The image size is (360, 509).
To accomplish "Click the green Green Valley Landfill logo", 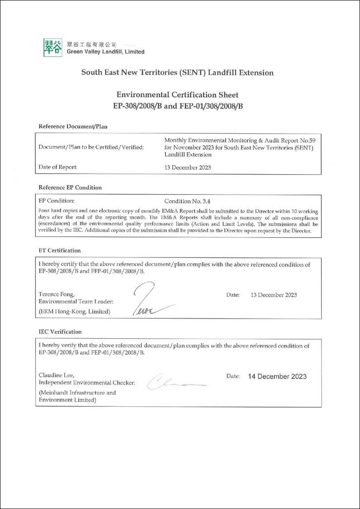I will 52,48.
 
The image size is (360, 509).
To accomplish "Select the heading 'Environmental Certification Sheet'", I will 177,95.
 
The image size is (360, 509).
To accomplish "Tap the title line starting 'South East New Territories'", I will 177,72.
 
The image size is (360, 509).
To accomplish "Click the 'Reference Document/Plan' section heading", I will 73,126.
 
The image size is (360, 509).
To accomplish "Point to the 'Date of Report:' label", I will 58,167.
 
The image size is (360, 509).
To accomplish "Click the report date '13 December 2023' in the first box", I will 187,167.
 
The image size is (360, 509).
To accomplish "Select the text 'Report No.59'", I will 299,140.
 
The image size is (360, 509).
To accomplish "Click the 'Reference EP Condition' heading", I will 70,187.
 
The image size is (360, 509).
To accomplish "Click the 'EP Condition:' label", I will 57,200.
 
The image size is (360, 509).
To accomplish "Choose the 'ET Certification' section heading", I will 60,250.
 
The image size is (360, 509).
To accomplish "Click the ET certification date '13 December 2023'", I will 274,295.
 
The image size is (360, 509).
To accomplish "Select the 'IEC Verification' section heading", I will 60,332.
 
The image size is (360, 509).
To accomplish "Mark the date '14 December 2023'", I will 277,376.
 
